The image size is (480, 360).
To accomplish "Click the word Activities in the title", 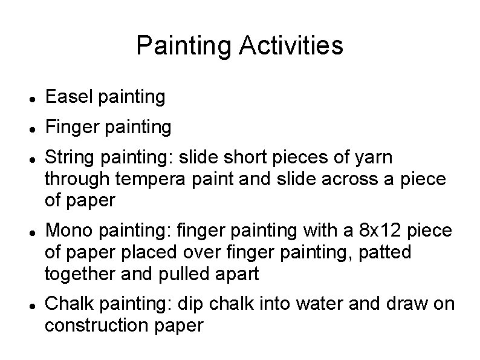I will (x=291, y=45).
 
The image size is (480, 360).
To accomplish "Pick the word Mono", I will (x=67, y=231).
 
